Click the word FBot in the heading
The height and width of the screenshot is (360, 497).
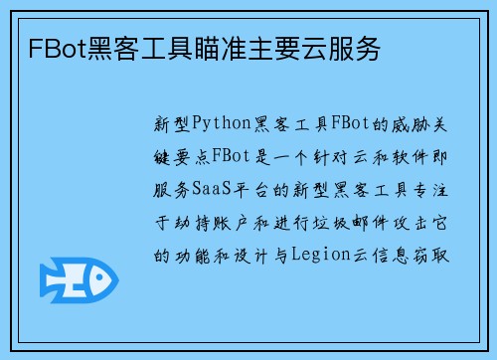[x=58, y=49]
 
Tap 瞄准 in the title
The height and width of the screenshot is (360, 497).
[x=221, y=49]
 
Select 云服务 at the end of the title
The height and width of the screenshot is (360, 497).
[x=341, y=49]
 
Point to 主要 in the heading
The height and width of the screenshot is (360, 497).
[x=274, y=49]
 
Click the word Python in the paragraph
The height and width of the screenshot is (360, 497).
[x=222, y=124]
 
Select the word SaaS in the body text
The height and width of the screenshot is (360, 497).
[x=212, y=190]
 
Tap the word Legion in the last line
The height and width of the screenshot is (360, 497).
[x=321, y=256]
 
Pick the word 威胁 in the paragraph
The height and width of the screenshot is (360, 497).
[x=411, y=124]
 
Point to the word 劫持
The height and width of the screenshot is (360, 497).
[x=193, y=223]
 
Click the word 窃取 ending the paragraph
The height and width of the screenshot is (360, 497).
[x=430, y=256]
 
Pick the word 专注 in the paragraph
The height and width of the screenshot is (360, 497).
[x=430, y=190]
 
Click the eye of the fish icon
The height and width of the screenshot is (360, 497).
[x=99, y=278]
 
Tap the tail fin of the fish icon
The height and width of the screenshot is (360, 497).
[x=51, y=280]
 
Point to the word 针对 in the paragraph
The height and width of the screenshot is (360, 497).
[x=330, y=157]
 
